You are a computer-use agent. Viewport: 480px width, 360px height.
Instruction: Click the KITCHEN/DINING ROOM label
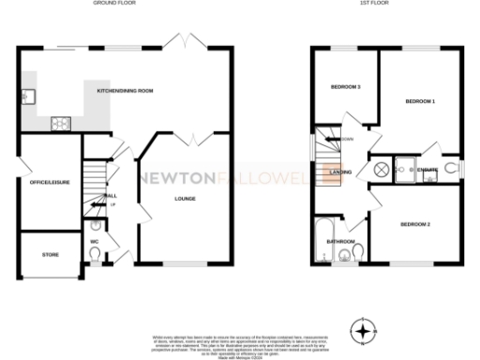coord(125,91)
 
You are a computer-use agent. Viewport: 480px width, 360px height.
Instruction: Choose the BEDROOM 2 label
coord(414,225)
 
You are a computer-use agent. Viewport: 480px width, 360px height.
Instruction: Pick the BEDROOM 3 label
coord(346,87)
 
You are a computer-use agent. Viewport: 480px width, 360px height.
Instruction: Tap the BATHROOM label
coord(339,241)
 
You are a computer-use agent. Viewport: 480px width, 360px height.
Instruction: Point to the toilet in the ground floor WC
coord(97,225)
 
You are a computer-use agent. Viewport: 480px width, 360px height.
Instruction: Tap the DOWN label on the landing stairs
coord(348,140)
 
